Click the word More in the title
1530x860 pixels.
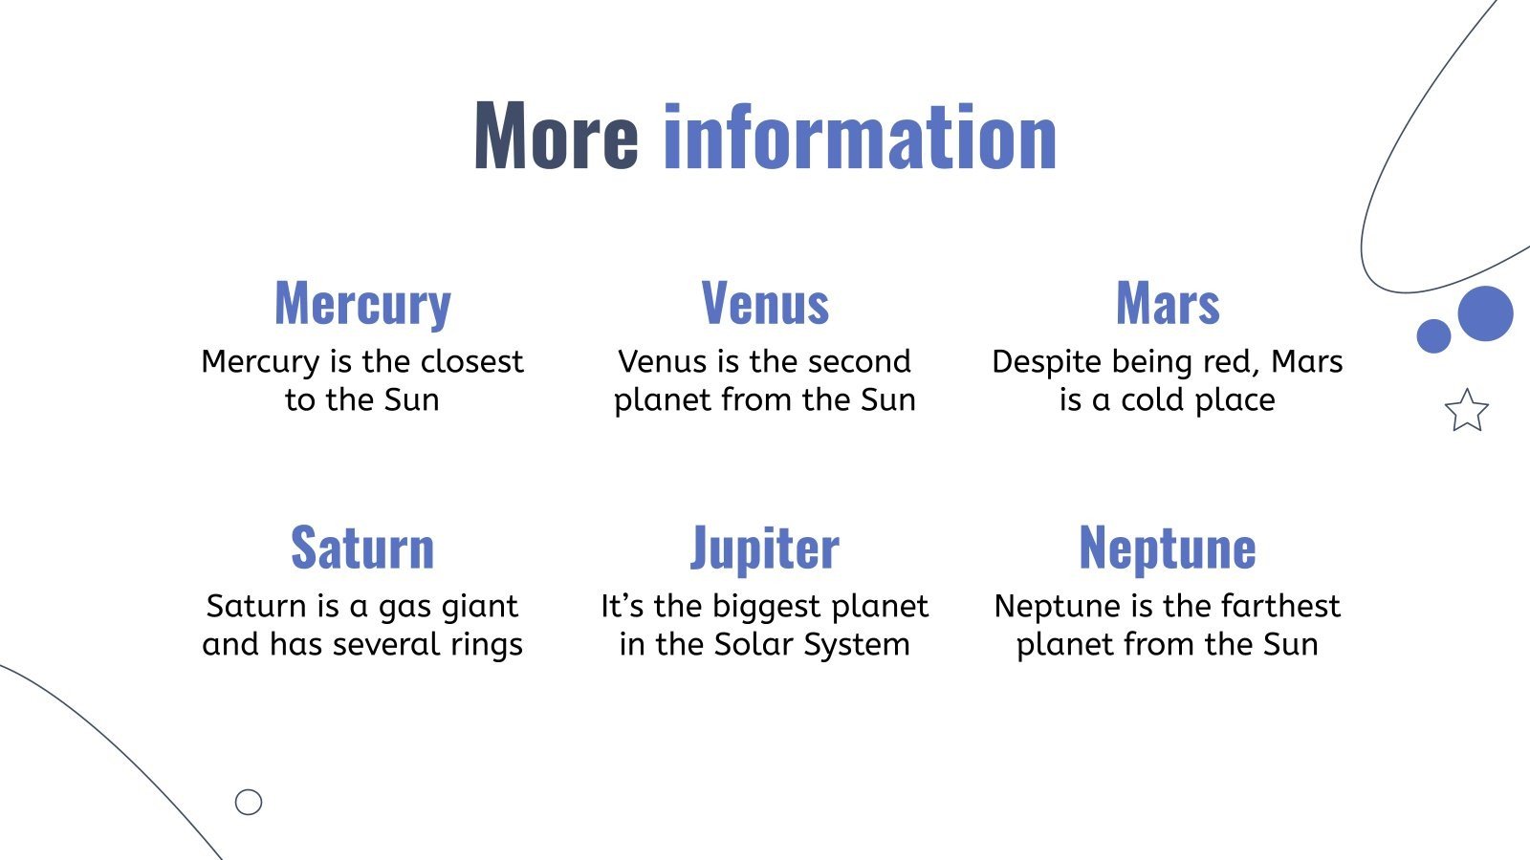coord(556,137)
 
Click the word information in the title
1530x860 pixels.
coord(860,137)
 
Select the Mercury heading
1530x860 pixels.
coord(362,304)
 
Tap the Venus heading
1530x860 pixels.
coord(765,304)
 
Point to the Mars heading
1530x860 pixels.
coord(1168,304)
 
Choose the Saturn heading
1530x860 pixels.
coord(362,548)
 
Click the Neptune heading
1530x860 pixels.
coord(1168,548)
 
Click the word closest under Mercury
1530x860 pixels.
coord(472,361)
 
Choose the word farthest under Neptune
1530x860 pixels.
coord(1280,606)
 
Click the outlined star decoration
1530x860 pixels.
coord(1466,411)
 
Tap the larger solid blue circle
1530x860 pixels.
coord(1485,313)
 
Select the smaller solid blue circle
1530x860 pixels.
coord(1433,335)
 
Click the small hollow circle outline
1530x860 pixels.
coord(249,802)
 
